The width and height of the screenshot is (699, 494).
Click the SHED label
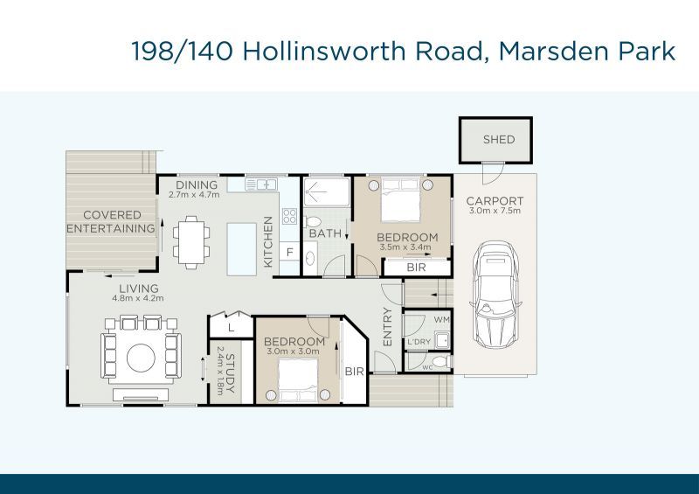coord(499,139)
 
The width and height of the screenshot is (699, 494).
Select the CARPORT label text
coord(495,200)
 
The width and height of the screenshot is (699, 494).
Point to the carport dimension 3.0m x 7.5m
coord(495,211)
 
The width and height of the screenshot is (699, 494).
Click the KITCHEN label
coord(268,241)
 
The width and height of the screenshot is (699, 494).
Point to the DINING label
coord(196,185)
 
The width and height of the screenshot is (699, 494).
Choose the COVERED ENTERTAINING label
coord(113,222)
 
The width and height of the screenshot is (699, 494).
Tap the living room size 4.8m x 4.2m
coord(138,298)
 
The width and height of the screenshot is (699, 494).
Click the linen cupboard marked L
coord(230,327)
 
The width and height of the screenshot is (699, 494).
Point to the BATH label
coord(324,233)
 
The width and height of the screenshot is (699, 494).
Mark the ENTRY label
coord(387,326)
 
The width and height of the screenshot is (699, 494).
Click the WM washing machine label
coord(440,320)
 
